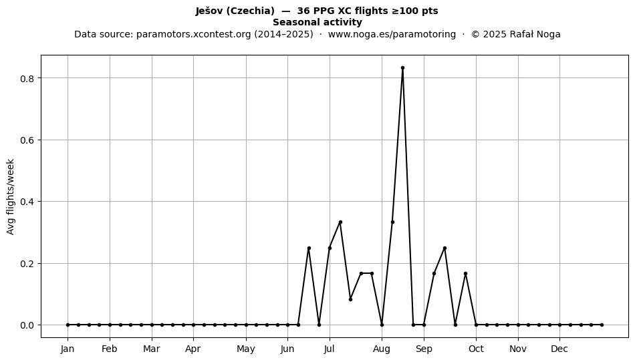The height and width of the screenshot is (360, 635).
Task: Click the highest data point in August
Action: [x=402, y=68]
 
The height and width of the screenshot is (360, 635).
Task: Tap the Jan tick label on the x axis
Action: [x=68, y=349]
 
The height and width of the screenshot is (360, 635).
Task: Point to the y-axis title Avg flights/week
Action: [x=11, y=196]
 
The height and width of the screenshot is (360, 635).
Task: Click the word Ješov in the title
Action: [x=209, y=11]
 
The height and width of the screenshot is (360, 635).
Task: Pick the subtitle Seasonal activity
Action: [x=317, y=22]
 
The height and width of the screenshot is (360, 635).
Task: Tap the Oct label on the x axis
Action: [x=476, y=349]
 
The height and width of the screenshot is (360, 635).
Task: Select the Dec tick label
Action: [x=559, y=349]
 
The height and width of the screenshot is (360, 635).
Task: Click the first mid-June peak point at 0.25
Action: [x=309, y=248]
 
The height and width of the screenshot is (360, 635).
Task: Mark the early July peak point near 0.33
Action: [x=340, y=222]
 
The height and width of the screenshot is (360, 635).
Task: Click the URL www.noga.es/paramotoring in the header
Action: [x=392, y=34]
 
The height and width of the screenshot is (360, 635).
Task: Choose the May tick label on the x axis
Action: [x=246, y=349]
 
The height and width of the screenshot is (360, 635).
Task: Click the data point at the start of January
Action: [x=68, y=325]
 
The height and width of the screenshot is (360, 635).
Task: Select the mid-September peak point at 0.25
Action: [x=444, y=248]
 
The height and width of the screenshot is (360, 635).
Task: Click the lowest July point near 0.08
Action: [x=350, y=299]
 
